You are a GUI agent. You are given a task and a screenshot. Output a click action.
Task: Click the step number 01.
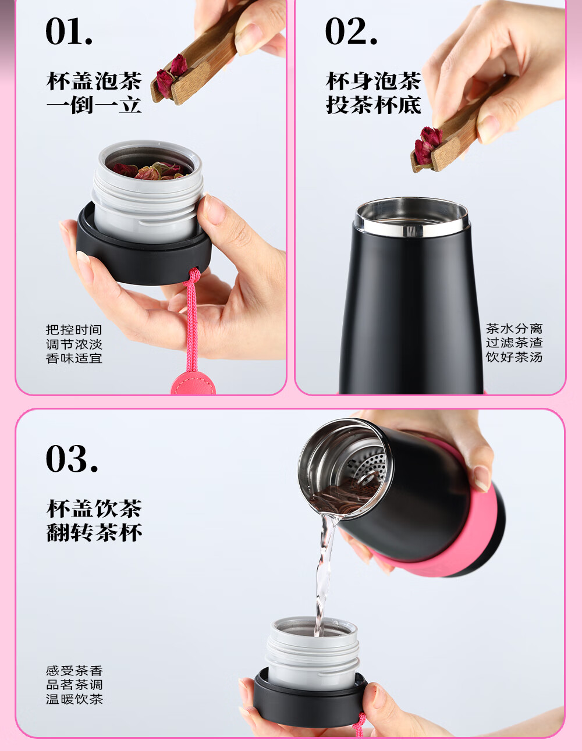69,31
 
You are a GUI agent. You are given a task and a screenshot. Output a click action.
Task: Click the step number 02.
351,31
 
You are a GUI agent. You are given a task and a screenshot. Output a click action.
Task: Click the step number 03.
72,459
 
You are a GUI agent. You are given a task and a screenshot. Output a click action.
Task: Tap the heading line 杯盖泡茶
94,81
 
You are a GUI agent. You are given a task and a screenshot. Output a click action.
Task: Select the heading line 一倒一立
94,105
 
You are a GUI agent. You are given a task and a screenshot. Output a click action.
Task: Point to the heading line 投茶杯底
373,105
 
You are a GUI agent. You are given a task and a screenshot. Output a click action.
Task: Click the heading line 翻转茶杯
94,532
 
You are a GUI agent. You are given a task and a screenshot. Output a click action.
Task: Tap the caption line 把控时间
74,330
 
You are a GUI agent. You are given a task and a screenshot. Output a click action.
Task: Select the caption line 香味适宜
74,358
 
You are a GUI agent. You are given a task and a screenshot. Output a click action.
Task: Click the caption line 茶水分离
514,329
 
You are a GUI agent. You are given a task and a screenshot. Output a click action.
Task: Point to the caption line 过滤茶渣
514,343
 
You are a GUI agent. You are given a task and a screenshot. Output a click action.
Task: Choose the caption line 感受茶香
74,671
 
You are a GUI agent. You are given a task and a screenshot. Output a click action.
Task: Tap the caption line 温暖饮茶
74,699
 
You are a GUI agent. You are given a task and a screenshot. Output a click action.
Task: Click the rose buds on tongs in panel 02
427,143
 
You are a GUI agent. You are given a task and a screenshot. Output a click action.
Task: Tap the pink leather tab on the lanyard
192,384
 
